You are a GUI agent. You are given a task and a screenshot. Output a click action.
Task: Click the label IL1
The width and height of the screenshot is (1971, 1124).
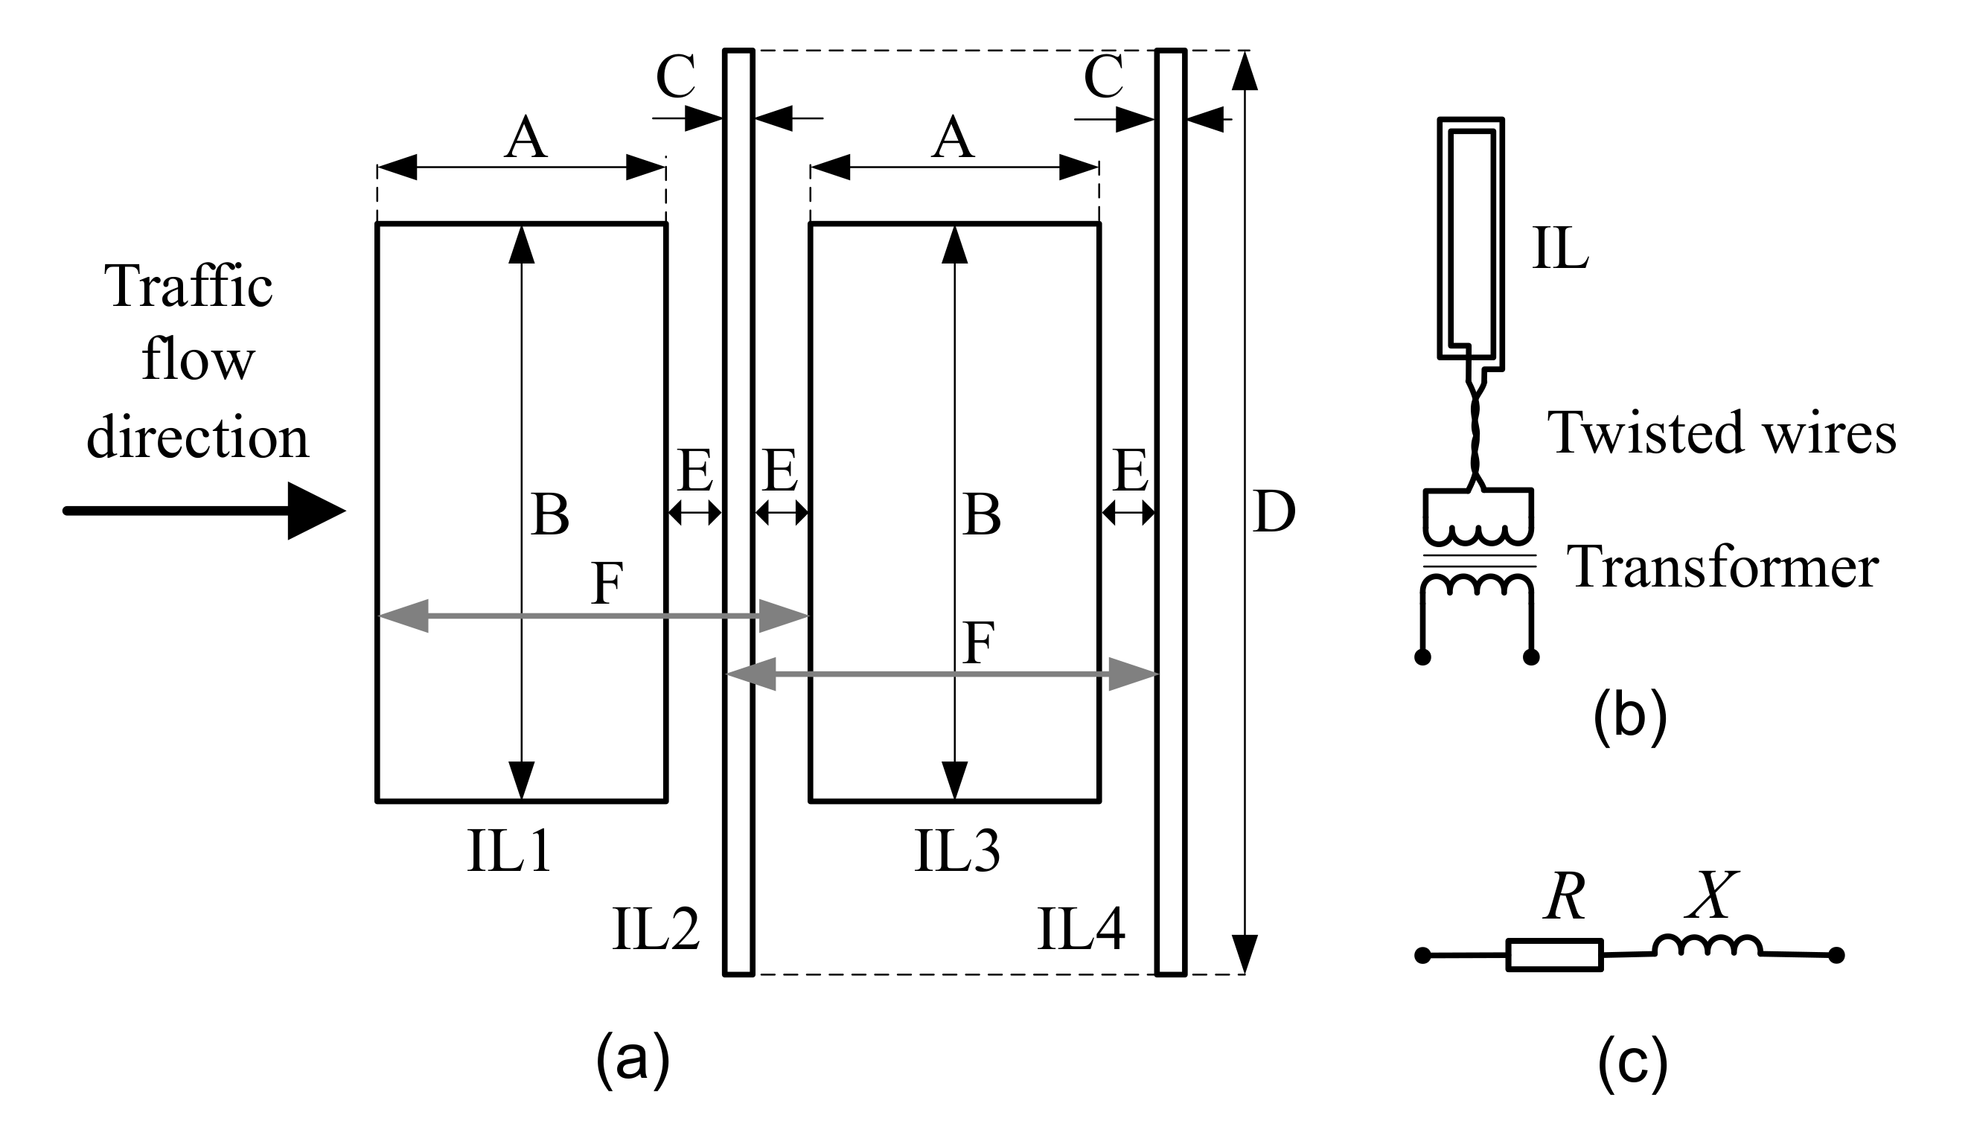pos(509,852)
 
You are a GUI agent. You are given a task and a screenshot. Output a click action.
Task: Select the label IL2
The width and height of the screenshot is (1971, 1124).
pos(655,929)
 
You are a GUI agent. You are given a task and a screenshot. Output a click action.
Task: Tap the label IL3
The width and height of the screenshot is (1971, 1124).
pos(957,852)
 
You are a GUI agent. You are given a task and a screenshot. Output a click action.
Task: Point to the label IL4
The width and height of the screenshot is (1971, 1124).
pos(1081,929)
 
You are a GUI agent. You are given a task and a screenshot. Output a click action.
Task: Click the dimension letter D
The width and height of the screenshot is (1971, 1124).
pos(1274,512)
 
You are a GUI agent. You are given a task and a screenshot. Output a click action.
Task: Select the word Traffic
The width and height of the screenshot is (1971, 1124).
pos(189,287)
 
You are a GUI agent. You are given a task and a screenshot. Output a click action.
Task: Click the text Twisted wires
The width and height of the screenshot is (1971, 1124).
pos(1722,432)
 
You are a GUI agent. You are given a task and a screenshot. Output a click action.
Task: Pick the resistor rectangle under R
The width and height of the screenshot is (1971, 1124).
pos(1554,955)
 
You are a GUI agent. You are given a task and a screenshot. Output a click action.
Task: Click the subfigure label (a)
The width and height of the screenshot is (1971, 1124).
pos(632,1059)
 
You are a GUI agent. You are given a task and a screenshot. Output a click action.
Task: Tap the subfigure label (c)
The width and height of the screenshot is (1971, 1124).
pos(1632,1062)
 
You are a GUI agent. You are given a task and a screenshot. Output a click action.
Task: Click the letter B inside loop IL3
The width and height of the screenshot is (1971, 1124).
pos(982,516)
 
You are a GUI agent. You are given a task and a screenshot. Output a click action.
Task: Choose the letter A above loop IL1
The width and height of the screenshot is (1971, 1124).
pos(526,139)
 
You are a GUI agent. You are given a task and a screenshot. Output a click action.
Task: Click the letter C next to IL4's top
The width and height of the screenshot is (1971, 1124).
pos(1104,77)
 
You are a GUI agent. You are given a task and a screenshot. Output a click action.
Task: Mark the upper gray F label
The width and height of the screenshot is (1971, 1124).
pos(607,584)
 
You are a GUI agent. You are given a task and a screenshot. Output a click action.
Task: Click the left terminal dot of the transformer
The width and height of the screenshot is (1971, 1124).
pos(1422,657)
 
